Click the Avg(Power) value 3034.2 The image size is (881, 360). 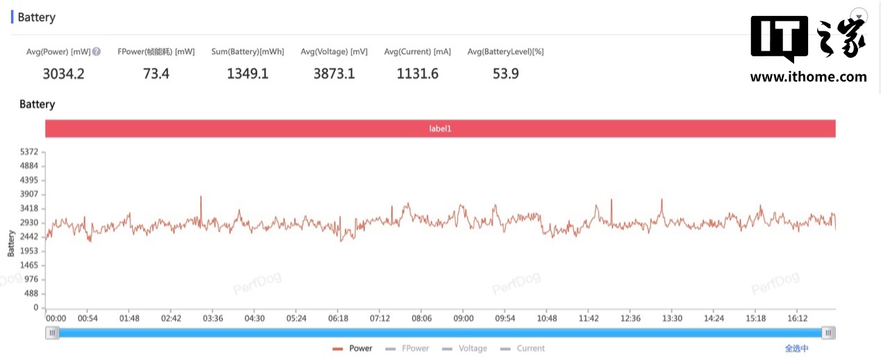click(63, 74)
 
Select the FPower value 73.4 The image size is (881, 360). click(156, 74)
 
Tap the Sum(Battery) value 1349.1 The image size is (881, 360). click(247, 74)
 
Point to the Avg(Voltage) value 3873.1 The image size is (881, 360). click(334, 74)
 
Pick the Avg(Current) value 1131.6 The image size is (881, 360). click(418, 74)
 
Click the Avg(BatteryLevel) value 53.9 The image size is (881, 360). click(505, 74)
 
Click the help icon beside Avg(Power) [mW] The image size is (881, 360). click(97, 51)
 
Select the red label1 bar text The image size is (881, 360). click(440, 129)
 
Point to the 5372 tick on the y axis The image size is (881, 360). click(30, 152)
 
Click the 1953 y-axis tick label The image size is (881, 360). click(30, 251)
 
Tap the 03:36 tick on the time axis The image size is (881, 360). click(213, 318)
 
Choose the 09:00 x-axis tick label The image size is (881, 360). click(463, 318)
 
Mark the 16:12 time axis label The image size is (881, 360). click(798, 318)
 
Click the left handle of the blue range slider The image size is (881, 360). click(52, 334)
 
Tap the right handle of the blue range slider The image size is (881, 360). click(828, 334)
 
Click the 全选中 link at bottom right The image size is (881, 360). click(796, 348)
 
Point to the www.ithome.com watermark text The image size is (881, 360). click(808, 77)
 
